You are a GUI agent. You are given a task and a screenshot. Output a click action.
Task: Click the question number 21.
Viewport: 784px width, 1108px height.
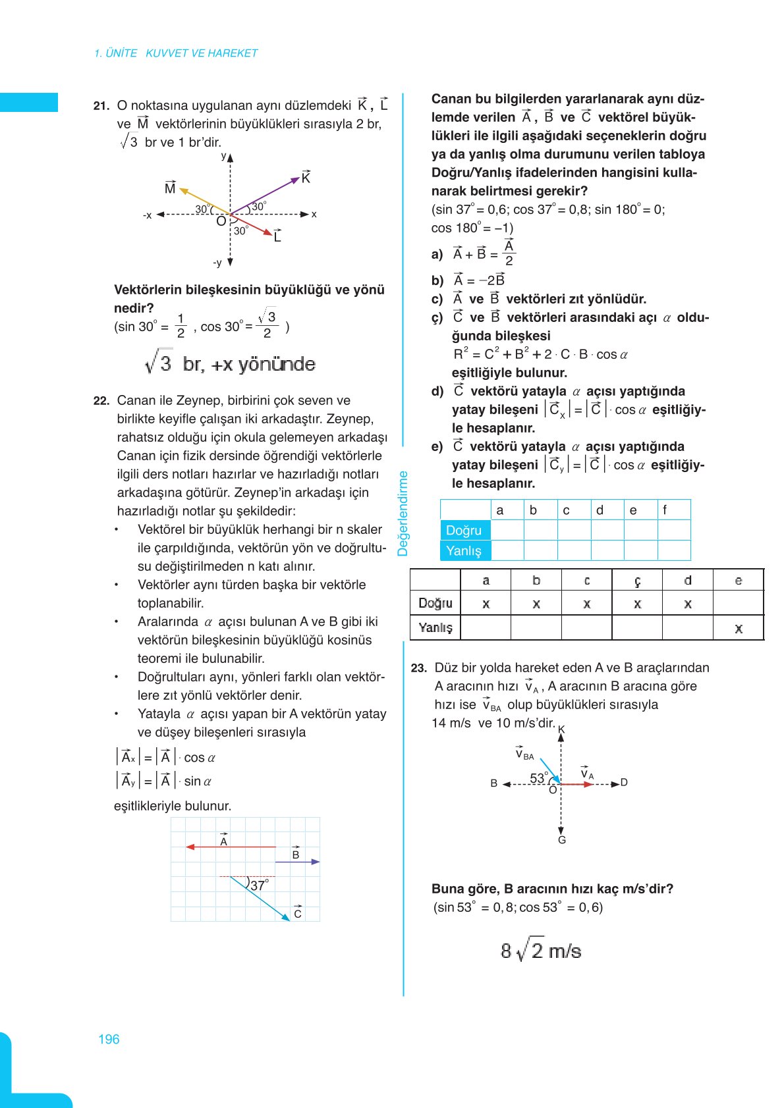(x=101, y=105)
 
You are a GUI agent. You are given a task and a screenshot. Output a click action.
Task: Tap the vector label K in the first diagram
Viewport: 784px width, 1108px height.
(x=306, y=178)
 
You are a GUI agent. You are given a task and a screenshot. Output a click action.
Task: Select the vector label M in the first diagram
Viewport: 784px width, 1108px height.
(x=170, y=188)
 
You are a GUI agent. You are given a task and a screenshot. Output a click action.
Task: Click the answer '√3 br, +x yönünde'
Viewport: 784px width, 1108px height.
(x=230, y=364)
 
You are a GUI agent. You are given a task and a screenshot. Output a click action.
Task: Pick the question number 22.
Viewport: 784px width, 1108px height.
(x=101, y=400)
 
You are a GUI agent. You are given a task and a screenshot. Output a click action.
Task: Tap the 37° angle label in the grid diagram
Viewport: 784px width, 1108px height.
(x=259, y=886)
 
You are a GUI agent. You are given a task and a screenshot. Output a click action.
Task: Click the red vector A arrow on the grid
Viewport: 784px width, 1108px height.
(x=231, y=847)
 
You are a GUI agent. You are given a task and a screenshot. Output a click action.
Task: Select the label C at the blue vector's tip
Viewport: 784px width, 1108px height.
(x=298, y=913)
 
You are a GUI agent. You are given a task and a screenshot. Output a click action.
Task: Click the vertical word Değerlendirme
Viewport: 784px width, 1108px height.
(x=403, y=514)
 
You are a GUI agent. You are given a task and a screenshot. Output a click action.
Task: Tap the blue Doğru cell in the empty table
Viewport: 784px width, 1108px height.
(x=465, y=531)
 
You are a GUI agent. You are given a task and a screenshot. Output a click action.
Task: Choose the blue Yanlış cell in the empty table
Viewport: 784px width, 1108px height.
(x=465, y=550)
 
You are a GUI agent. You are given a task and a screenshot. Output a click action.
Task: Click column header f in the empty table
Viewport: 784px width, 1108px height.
(x=665, y=510)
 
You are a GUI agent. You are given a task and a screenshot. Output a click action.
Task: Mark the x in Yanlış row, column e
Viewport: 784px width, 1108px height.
(x=739, y=629)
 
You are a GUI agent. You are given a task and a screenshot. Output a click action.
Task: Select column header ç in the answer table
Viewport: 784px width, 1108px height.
(x=637, y=581)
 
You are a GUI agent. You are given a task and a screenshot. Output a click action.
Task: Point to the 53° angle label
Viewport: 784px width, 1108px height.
(x=538, y=778)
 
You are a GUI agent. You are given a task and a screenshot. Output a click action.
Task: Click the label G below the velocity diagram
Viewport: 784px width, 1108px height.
(x=562, y=840)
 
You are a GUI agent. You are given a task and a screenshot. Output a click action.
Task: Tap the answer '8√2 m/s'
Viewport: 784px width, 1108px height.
(x=540, y=951)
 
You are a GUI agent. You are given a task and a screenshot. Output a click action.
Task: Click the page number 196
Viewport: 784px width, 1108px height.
(x=109, y=1040)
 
